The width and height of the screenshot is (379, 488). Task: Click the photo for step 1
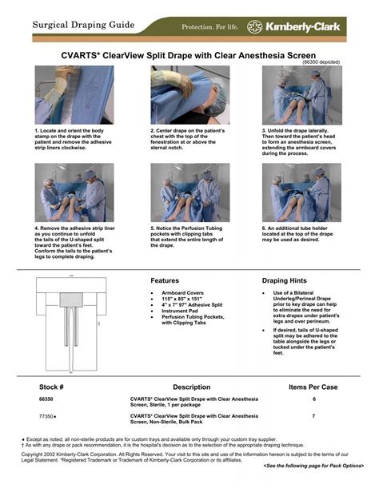pos(74,95)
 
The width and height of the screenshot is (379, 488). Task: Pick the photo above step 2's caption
pos(190,95)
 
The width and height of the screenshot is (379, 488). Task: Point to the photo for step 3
pos(301,95)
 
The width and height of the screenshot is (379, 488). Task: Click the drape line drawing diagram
pos(70,324)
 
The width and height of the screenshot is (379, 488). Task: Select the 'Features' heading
pos(165,281)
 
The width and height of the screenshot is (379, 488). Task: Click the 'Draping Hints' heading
pos(285,281)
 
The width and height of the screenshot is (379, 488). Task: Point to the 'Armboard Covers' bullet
pos(185,294)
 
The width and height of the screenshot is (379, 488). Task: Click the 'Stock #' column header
pos(51,387)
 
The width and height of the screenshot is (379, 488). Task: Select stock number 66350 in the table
pos(46,399)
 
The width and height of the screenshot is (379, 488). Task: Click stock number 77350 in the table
pos(46,416)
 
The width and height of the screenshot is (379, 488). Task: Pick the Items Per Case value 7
pos(313,416)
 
